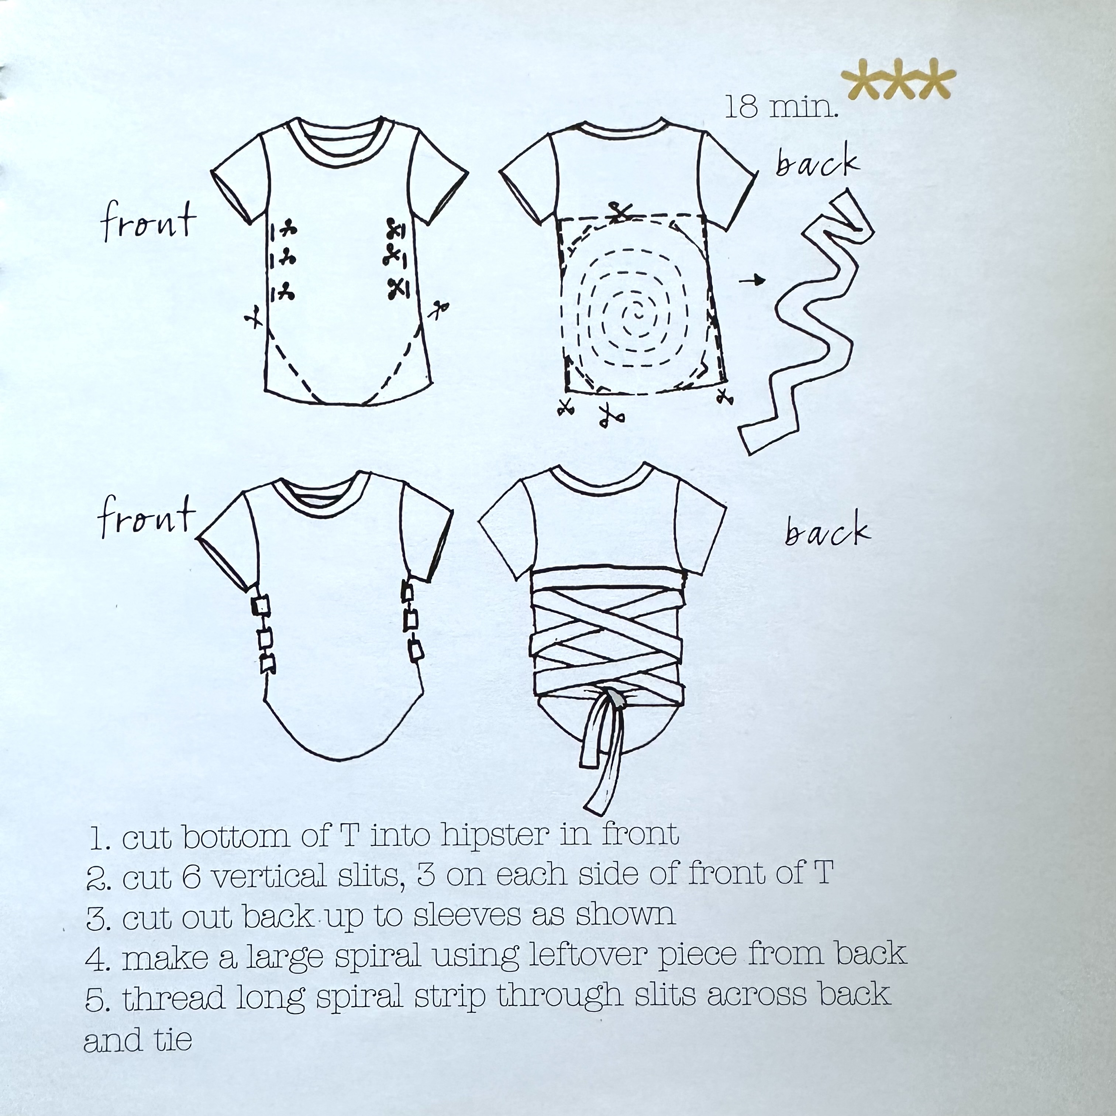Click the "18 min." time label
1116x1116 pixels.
(x=781, y=107)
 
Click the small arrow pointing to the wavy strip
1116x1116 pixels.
(x=752, y=281)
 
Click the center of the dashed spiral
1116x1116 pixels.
(x=638, y=314)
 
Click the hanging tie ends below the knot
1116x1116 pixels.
(x=604, y=757)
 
